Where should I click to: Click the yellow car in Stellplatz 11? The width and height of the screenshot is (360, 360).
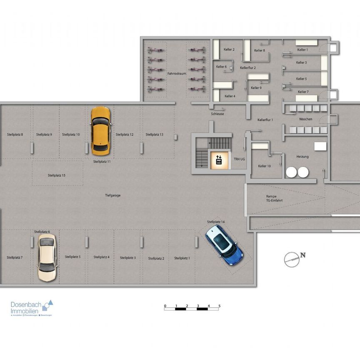pyautogui.click(x=100, y=130)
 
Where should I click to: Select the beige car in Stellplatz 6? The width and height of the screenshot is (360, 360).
pyautogui.click(x=46, y=257)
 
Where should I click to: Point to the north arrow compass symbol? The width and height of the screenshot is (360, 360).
pyautogui.click(x=291, y=259)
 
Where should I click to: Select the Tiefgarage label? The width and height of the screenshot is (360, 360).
pyautogui.click(x=112, y=195)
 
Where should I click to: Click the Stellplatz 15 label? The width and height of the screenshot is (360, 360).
pyautogui.click(x=57, y=175)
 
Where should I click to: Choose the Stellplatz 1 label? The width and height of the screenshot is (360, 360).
pyautogui.click(x=182, y=258)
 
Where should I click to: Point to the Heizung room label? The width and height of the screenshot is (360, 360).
pyautogui.click(x=302, y=157)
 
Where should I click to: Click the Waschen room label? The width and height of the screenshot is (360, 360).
pyautogui.click(x=305, y=119)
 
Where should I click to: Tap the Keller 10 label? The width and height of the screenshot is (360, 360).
pyautogui.click(x=264, y=166)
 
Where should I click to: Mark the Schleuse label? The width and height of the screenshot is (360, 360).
pyautogui.click(x=217, y=113)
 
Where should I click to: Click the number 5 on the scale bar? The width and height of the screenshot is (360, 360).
pyautogui.click(x=219, y=306)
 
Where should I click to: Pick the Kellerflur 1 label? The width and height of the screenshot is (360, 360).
pyautogui.click(x=265, y=120)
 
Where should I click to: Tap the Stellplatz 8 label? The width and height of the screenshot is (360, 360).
pyautogui.click(x=15, y=135)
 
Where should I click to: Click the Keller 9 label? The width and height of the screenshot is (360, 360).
pyautogui.click(x=256, y=88)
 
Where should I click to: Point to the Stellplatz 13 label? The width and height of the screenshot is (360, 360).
pyautogui.click(x=154, y=135)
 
